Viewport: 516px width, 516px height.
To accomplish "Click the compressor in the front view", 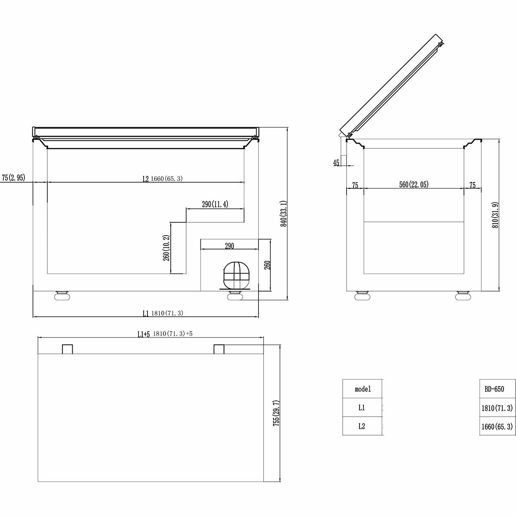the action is coord(235,275).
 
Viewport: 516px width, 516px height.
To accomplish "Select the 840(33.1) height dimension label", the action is coord(283,214).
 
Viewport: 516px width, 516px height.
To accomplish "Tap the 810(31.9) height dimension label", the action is coord(495,215).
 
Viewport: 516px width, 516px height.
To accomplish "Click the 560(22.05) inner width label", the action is coord(414,184).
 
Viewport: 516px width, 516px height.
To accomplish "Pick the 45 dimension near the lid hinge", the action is coord(336,163).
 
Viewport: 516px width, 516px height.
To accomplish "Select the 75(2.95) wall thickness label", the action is coord(13,178).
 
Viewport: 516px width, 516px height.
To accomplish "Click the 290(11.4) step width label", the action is coord(215,204).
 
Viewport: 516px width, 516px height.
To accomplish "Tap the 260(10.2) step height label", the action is coord(166,248).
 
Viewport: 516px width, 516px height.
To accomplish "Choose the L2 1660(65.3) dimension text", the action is coord(163,178).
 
